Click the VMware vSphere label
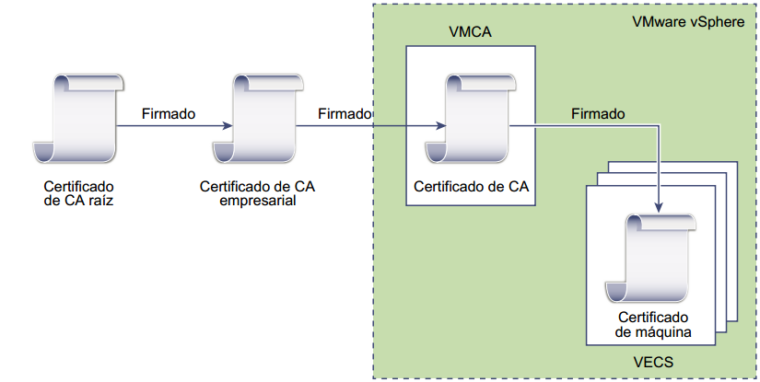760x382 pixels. (x=687, y=22)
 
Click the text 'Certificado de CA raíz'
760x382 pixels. (x=78, y=191)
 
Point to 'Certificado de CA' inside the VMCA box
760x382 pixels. (x=471, y=186)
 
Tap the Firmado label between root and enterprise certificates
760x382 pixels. (x=169, y=114)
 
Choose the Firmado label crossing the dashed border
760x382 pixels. (x=344, y=114)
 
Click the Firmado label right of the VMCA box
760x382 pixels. (x=598, y=114)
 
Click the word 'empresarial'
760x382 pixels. (x=258, y=201)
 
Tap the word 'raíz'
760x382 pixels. (x=99, y=198)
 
